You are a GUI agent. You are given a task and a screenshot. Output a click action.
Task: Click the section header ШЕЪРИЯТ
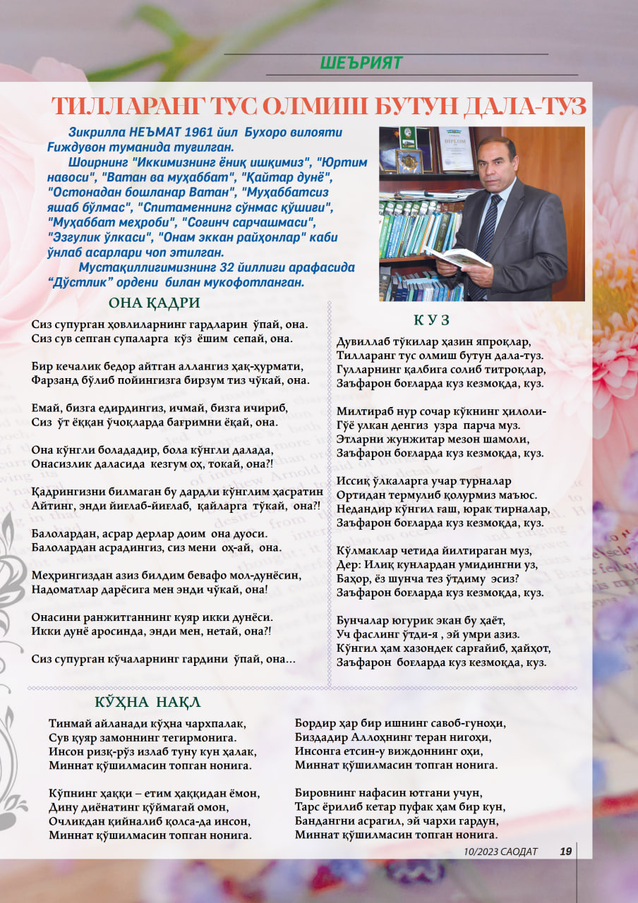click(361, 63)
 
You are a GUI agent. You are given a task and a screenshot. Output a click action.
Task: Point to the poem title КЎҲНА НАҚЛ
click(148, 702)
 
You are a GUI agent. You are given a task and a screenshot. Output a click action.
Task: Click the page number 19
click(565, 852)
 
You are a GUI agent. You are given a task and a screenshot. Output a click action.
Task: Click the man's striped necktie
click(486, 234)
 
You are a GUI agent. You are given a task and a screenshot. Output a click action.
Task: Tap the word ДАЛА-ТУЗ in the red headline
click(523, 107)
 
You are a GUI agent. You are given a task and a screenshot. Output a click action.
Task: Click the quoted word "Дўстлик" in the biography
click(80, 282)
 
